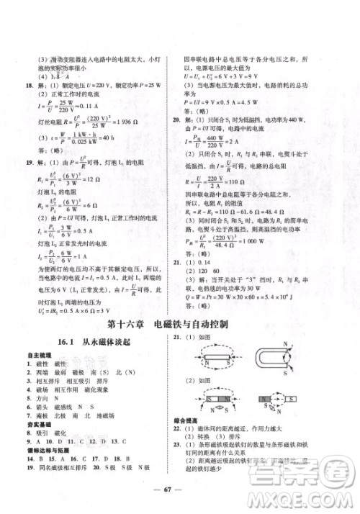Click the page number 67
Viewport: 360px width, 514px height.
(x=180, y=496)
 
